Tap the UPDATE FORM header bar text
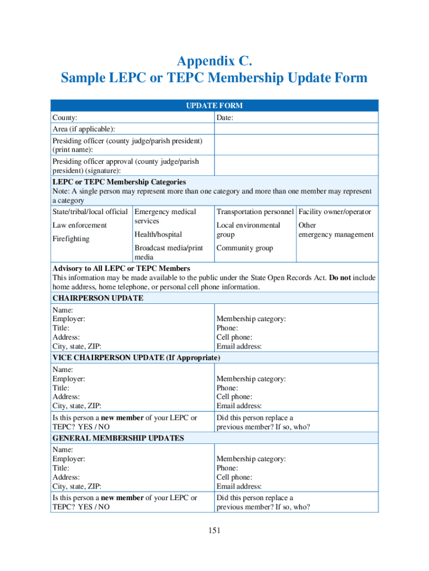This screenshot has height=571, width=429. pyautogui.click(x=214, y=105)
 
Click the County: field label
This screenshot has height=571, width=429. pyautogui.click(x=65, y=118)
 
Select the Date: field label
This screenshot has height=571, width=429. pyautogui.click(x=225, y=118)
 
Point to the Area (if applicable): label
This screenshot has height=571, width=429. pyautogui.click(x=84, y=129)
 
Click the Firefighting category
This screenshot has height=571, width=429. pyautogui.click(x=71, y=239)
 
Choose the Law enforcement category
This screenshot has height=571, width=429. pyautogui.click(x=79, y=225)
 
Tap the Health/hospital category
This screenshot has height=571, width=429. pyautogui.click(x=158, y=235)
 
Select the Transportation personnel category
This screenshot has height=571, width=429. pyautogui.click(x=255, y=212)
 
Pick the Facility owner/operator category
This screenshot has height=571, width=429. pyautogui.click(x=335, y=212)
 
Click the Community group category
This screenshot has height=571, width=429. pyautogui.click(x=245, y=248)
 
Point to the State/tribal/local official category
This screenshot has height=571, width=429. pyautogui.click(x=90, y=212)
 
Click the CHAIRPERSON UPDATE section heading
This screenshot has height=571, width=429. pyautogui.click(x=97, y=298)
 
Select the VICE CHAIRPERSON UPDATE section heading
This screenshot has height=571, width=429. pyautogui.click(x=136, y=357)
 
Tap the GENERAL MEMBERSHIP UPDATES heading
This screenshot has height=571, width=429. pyautogui.click(x=118, y=438)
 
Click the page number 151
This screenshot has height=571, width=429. pyautogui.click(x=214, y=530)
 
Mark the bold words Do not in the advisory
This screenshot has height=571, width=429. pyautogui.click(x=340, y=278)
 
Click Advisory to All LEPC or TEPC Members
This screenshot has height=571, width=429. pyautogui.click(x=121, y=269)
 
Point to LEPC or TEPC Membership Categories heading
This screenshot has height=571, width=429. pyautogui.click(x=119, y=182)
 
